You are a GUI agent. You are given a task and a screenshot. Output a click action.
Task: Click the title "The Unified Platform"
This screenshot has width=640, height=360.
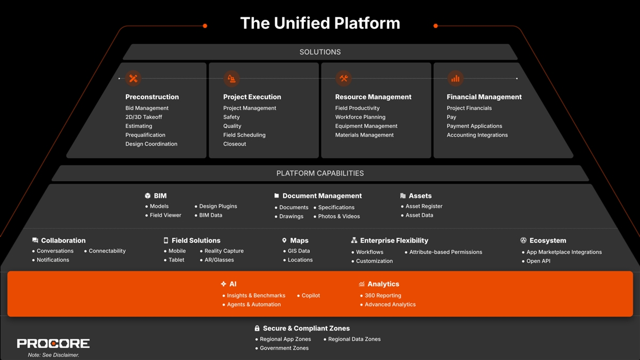320,23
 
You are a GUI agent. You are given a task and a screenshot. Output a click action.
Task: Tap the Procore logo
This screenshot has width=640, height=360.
53,343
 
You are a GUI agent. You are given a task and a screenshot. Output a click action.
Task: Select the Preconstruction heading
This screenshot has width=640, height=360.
152,97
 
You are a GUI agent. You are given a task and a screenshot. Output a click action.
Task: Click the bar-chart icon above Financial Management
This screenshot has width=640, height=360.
455,78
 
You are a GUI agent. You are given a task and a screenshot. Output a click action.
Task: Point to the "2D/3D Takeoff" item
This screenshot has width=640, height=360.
143,117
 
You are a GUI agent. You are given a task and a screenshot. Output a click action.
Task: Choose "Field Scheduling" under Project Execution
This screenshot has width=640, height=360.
244,135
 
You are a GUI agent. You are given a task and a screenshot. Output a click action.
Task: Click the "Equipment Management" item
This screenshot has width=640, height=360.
366,126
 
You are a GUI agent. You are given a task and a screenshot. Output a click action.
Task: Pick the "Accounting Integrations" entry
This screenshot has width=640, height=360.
477,135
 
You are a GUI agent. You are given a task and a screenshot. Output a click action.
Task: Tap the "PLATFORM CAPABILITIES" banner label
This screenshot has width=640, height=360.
320,173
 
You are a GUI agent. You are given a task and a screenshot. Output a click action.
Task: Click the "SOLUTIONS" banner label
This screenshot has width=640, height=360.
320,52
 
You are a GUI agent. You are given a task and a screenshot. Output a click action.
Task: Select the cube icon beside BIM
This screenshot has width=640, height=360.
148,196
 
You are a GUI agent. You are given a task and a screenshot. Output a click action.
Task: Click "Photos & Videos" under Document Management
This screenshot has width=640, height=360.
339,217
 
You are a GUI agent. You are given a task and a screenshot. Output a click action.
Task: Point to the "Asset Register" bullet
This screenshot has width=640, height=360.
423,206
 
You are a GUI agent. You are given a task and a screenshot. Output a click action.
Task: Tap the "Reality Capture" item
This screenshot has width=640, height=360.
224,251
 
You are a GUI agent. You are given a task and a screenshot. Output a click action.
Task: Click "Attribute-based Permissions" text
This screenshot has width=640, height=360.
445,252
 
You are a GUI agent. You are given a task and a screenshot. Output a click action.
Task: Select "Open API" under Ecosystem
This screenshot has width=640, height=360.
538,261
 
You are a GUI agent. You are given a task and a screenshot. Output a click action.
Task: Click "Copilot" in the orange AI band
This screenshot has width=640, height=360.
310,295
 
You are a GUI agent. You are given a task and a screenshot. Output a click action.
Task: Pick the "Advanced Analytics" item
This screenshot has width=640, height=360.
390,305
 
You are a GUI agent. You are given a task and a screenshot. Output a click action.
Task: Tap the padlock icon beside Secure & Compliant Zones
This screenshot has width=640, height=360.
257,329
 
